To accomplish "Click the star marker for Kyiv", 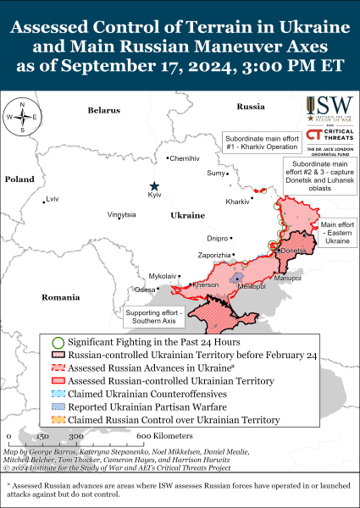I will point(154,186).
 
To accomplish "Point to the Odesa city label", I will point(144,290).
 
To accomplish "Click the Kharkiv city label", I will point(237,202).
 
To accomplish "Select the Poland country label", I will point(19,179).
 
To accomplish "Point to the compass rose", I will point(22,118).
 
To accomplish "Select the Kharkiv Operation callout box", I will point(259,140).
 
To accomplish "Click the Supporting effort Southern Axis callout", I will point(154,316).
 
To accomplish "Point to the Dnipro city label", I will point(218,239).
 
